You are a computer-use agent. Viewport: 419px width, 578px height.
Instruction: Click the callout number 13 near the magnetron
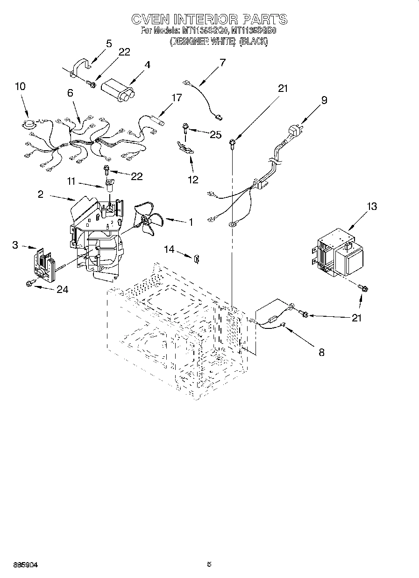[x=372, y=207]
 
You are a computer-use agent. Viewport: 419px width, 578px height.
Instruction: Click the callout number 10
[x=20, y=86]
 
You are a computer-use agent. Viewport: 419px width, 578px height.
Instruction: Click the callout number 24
[x=62, y=290]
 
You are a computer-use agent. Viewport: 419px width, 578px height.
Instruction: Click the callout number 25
[x=215, y=135]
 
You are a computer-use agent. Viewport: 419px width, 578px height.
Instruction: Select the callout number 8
[x=321, y=352]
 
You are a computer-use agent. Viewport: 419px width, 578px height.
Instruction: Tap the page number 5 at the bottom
[x=209, y=564]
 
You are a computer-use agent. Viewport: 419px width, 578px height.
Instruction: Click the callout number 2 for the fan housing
[x=41, y=194]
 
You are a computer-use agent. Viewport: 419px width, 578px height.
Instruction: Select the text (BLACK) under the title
[x=254, y=42]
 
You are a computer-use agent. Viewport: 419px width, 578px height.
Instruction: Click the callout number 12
[x=192, y=179]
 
